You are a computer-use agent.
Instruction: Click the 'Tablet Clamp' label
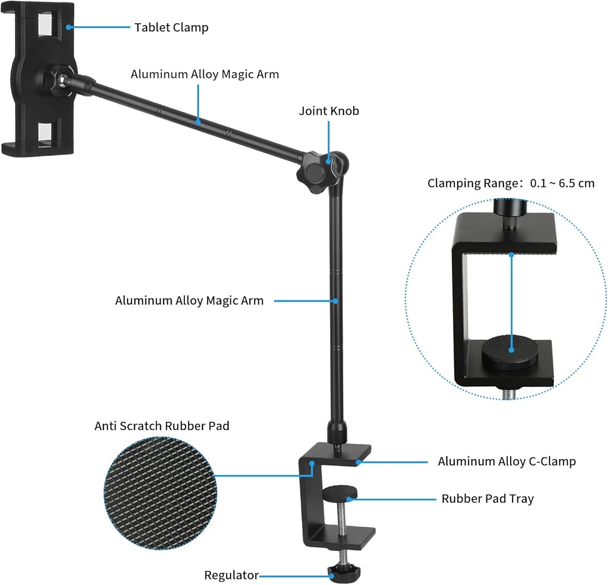[171, 27]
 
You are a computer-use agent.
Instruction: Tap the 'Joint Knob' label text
[329, 111]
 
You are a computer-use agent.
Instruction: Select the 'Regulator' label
[232, 575]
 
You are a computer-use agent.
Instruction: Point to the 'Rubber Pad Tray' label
[488, 499]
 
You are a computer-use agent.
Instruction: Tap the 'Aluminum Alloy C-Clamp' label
[507, 461]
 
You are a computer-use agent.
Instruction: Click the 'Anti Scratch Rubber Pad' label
[162, 426]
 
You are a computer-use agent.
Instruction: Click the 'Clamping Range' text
[472, 183]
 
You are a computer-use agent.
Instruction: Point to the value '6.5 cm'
[576, 183]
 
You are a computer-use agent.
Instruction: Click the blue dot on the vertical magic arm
[337, 300]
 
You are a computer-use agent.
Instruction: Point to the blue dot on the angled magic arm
[198, 122]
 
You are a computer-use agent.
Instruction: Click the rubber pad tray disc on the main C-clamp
[340, 493]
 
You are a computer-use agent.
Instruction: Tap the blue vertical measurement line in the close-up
[511, 303]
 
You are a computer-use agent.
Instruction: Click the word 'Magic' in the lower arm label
[221, 300]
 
